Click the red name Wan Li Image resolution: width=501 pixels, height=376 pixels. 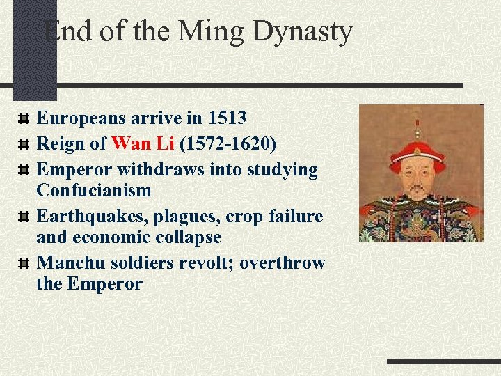(x=143, y=144)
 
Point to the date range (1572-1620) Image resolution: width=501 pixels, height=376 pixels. (x=228, y=144)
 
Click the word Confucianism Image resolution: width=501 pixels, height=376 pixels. (x=94, y=190)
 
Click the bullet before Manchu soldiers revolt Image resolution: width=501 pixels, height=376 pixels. (x=24, y=263)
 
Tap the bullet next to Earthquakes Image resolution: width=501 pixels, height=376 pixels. (x=24, y=217)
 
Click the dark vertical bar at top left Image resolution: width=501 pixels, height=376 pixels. (x=34, y=49)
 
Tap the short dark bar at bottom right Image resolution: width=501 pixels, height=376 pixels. (x=443, y=362)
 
